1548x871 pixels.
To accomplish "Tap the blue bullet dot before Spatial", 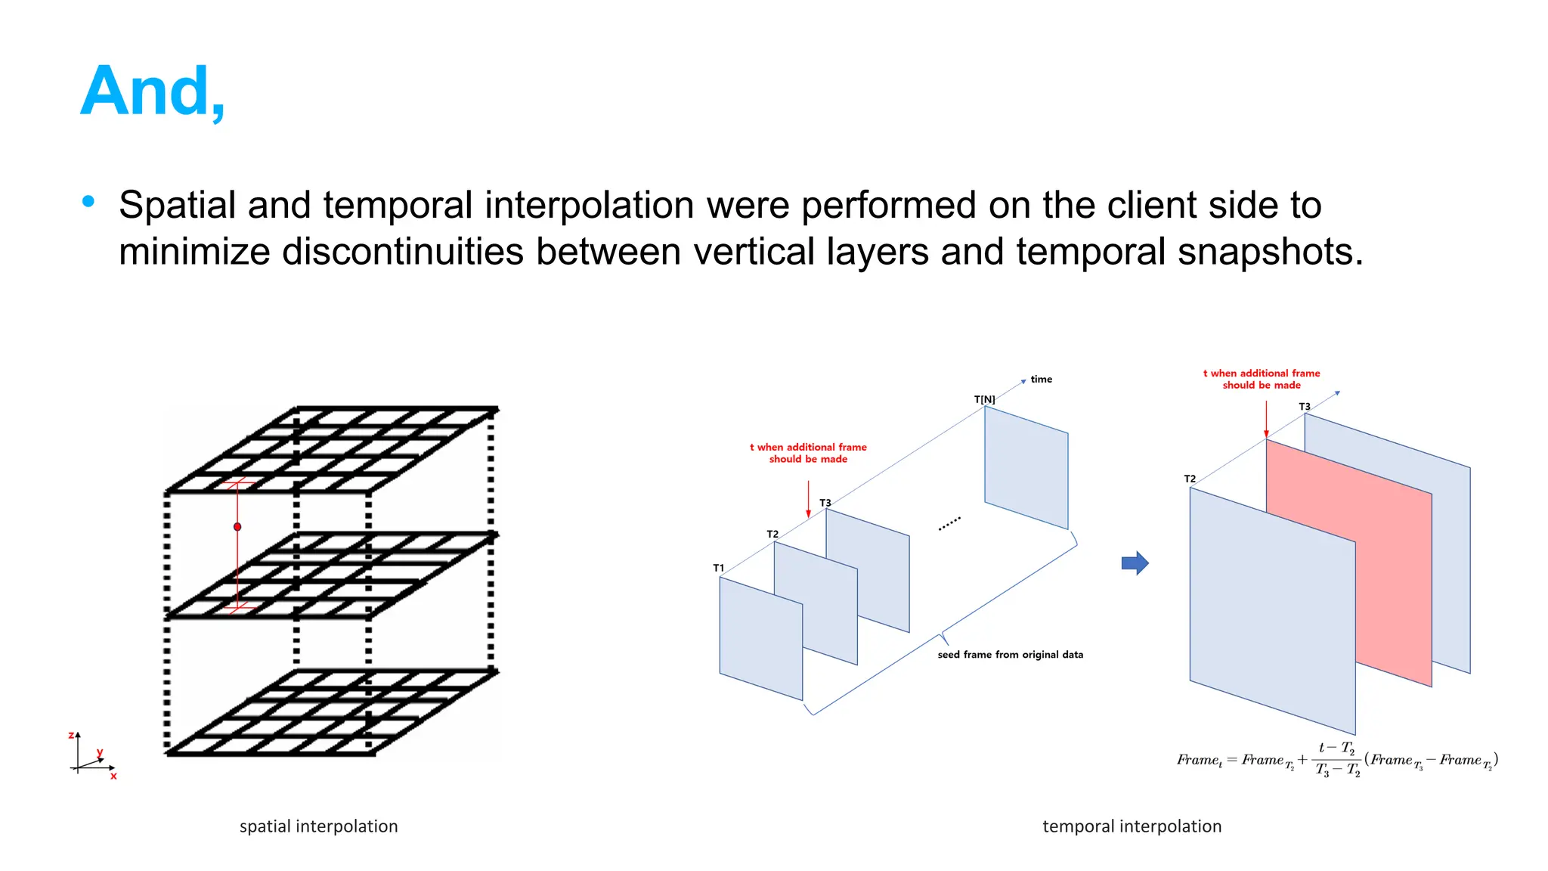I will (x=88, y=201).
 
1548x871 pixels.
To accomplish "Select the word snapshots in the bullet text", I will (x=1265, y=252).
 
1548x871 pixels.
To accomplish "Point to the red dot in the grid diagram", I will (x=237, y=527).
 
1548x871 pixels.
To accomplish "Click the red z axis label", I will (x=71, y=735).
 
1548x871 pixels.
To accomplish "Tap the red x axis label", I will (x=113, y=776).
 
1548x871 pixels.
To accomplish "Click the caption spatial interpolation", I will (x=318, y=826).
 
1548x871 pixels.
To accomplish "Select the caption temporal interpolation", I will (x=1132, y=826).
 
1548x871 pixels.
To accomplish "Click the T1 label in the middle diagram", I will (x=718, y=568).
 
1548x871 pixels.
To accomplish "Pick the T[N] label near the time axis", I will (x=984, y=399).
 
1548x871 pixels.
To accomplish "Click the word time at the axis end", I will (x=1041, y=380).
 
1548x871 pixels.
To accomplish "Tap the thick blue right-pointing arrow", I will (x=1135, y=563).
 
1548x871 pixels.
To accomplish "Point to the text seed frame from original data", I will (x=1010, y=655).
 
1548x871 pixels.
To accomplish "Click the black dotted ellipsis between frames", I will (x=949, y=523).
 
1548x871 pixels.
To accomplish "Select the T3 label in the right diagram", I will (x=1305, y=407).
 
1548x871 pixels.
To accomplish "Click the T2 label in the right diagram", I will (x=1190, y=479).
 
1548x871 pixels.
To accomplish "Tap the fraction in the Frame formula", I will (x=1337, y=759).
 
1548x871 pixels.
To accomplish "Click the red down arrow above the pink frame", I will (x=1266, y=420).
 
